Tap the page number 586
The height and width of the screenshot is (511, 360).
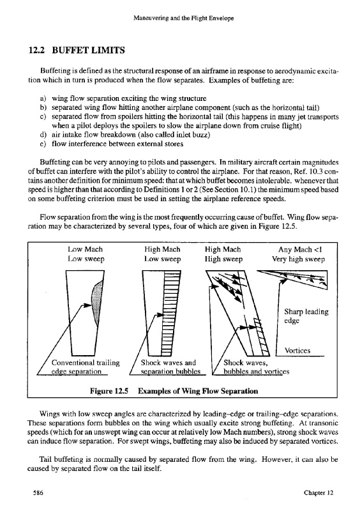[38, 492]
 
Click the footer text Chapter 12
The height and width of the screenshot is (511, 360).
[319, 492]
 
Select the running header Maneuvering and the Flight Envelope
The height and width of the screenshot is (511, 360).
[183, 19]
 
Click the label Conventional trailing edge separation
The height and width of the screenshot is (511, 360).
[86, 367]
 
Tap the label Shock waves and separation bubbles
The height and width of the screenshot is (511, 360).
[170, 367]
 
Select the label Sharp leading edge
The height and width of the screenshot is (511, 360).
[306, 316]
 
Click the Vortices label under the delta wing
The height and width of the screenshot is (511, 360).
[297, 351]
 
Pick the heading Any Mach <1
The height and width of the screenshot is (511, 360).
[300, 250]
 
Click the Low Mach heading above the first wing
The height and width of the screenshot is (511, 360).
[85, 249]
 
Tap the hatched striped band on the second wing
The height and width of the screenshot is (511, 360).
[167, 313]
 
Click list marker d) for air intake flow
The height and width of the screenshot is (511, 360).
[43, 135]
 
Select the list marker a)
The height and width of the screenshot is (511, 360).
[43, 98]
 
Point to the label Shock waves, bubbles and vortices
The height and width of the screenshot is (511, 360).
[257, 367]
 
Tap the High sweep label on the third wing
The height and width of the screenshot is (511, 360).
[223, 259]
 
